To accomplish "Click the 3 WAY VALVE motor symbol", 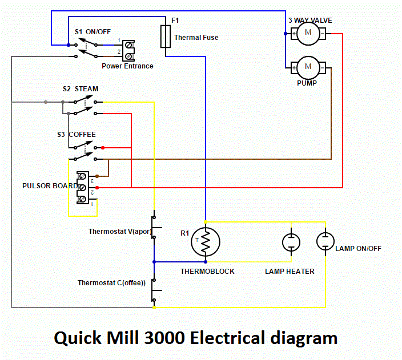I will point(308,33).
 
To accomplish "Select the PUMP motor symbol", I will point(308,67).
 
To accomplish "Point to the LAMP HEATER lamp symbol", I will point(291,242).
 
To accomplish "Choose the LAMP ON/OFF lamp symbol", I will point(324,242).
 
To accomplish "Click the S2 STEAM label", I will point(81,89).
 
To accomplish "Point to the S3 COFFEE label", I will point(76,135).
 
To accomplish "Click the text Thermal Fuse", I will point(196,38).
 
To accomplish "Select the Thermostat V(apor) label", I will point(119,232).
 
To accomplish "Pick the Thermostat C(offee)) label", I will point(112,282).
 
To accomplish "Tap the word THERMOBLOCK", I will point(207,271).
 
